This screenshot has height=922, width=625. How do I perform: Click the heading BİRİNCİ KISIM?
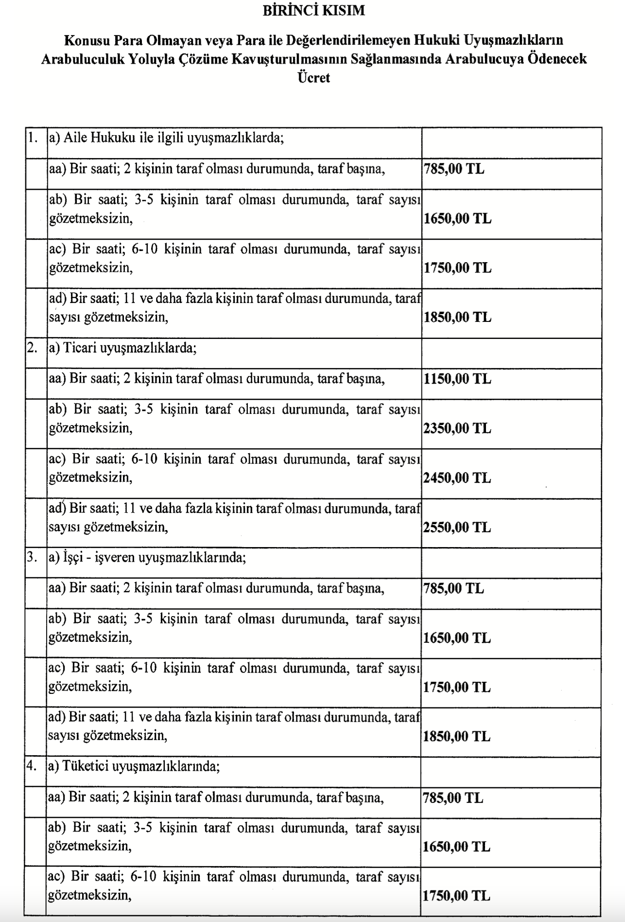click(x=313, y=11)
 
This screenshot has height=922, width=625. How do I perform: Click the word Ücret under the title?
click(x=313, y=78)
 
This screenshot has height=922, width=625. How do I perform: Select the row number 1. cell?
click(x=33, y=138)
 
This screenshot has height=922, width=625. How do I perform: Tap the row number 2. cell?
click(x=33, y=348)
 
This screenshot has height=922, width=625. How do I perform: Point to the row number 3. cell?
click(x=33, y=558)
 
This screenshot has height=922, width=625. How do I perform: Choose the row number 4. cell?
click(x=33, y=767)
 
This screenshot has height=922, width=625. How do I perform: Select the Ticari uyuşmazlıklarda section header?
click(x=122, y=348)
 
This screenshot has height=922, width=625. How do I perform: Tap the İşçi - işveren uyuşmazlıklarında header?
click(x=147, y=558)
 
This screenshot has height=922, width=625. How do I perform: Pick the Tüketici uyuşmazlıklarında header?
click(x=134, y=767)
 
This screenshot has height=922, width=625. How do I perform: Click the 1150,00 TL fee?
click(x=457, y=379)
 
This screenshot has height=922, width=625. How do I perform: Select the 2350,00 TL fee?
click(x=457, y=428)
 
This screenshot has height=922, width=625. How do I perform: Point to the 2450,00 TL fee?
click(x=457, y=478)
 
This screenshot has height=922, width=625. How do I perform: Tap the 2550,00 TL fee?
click(x=457, y=528)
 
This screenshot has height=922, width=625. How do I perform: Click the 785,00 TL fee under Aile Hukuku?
click(x=454, y=169)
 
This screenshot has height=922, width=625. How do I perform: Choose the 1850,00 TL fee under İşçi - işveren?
click(x=457, y=736)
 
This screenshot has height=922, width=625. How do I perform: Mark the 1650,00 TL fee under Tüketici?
click(x=456, y=847)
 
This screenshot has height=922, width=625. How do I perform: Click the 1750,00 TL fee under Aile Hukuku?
click(x=457, y=268)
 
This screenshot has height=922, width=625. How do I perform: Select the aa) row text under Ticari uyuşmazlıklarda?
click(x=217, y=379)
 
